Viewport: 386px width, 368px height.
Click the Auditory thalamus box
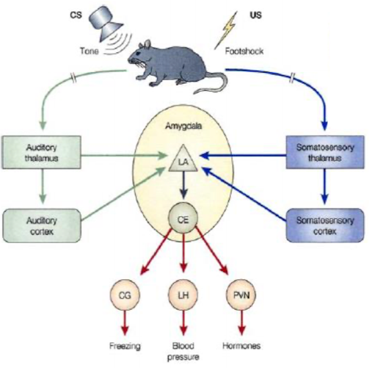click(x=42, y=152)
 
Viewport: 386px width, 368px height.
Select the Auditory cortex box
click(x=42, y=226)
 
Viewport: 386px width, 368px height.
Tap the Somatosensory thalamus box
click(x=325, y=152)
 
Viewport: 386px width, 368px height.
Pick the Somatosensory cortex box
click(x=325, y=226)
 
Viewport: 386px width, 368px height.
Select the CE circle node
click(x=183, y=218)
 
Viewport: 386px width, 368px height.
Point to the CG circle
click(x=125, y=295)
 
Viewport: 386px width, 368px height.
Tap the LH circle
click(x=183, y=295)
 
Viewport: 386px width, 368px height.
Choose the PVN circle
click(x=241, y=295)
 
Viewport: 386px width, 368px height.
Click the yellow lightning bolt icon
click(x=226, y=30)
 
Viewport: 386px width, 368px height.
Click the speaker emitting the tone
click(x=105, y=24)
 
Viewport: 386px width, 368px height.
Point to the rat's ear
click(x=147, y=44)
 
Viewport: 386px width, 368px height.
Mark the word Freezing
click(x=125, y=346)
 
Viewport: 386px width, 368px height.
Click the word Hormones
click(x=241, y=346)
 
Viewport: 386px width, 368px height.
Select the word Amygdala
click(x=183, y=126)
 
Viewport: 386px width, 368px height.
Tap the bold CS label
click(x=76, y=15)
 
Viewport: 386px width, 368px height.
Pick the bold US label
click(x=256, y=15)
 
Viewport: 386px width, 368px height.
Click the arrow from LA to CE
click(x=183, y=185)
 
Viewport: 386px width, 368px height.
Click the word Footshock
click(x=244, y=51)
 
